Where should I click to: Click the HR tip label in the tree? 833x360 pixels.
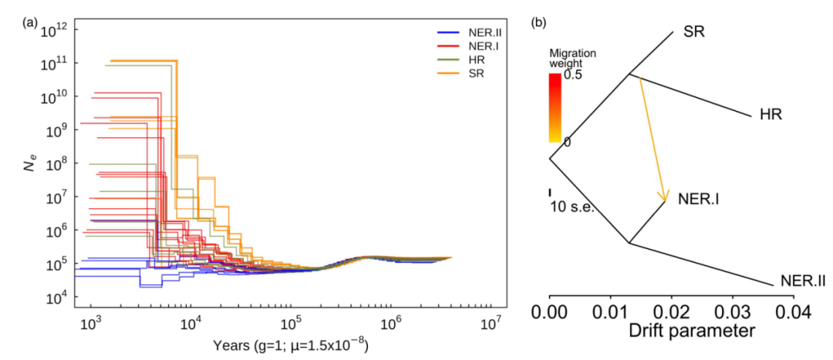click(771, 116)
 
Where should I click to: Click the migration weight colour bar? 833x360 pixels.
click(554, 108)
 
